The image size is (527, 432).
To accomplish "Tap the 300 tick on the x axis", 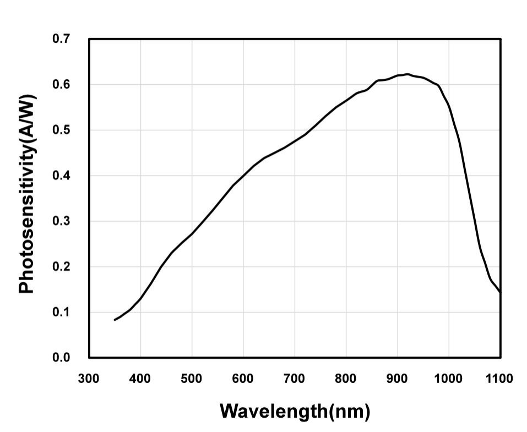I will point(89,379).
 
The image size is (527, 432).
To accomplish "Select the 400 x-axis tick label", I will point(140,379).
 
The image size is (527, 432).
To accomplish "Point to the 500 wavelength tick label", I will point(192,379).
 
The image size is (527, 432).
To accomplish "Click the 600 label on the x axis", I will point(243,379).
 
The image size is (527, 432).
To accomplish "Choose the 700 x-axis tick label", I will point(295,379).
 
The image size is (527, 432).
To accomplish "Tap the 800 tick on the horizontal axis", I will point(346,379).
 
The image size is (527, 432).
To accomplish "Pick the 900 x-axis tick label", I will point(397,379).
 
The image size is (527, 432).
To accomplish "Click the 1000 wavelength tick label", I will point(448,379).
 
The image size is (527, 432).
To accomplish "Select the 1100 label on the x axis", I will point(499,379).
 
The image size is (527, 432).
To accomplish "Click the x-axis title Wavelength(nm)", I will point(295,411).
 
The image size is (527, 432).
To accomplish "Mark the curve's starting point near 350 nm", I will point(115,320).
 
